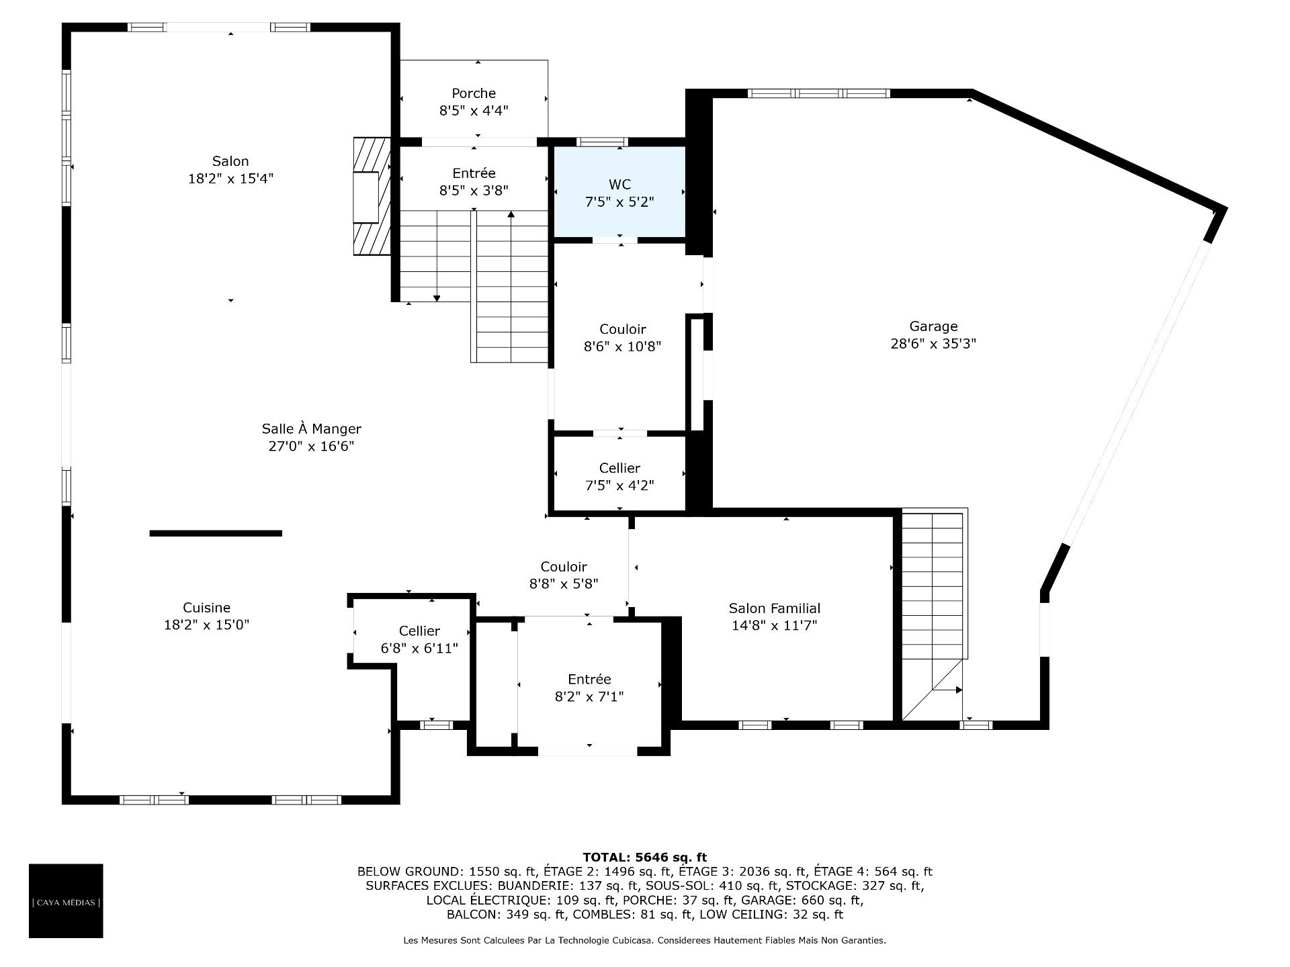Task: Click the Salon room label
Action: [230, 161]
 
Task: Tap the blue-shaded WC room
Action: [619, 192]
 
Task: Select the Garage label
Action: [933, 326]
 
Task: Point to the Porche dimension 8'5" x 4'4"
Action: [474, 111]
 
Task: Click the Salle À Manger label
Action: [311, 428]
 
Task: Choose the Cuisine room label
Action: [207, 608]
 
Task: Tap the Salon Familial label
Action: [775, 608]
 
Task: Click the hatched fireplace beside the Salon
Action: [372, 197]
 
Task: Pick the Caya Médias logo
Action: [66, 901]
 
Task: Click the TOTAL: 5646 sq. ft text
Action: [645, 857]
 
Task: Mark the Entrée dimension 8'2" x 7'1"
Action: [589, 697]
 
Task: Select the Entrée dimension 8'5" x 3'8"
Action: [474, 191]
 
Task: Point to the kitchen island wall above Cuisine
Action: [216, 533]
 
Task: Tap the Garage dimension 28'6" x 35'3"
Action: [933, 344]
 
